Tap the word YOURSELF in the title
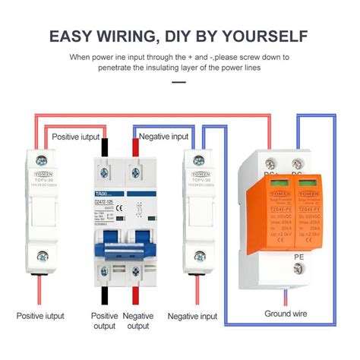266,36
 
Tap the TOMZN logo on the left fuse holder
33,176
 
